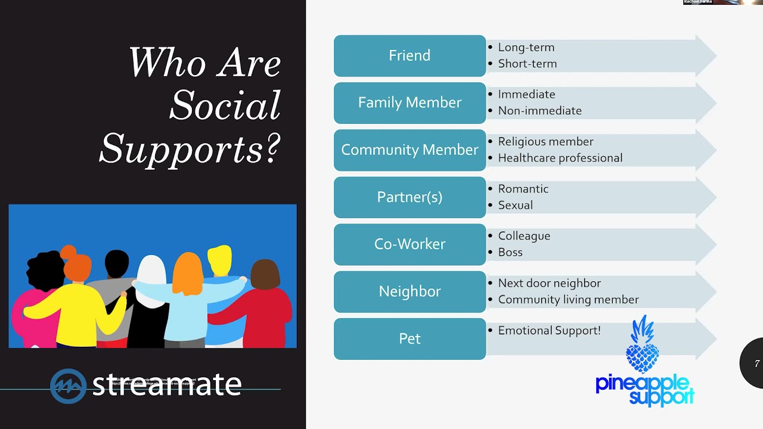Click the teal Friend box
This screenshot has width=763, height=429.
(410, 55)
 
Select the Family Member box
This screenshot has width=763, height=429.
(410, 102)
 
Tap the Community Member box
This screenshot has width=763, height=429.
(410, 150)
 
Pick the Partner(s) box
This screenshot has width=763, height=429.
(410, 197)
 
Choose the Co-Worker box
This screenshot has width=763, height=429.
(410, 244)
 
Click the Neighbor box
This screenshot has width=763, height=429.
(410, 291)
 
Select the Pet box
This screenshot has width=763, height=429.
(410, 338)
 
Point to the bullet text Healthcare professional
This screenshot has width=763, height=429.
(560, 158)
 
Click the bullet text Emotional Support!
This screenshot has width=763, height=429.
(549, 331)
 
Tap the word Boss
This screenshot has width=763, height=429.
(510, 252)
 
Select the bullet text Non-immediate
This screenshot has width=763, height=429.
(539, 111)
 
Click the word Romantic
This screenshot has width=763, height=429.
(523, 189)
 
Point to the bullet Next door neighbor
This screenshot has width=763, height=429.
(549, 283)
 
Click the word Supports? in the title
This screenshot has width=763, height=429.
(190, 148)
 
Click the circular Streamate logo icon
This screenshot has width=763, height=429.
(68, 386)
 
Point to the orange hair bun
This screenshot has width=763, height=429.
(69, 252)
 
